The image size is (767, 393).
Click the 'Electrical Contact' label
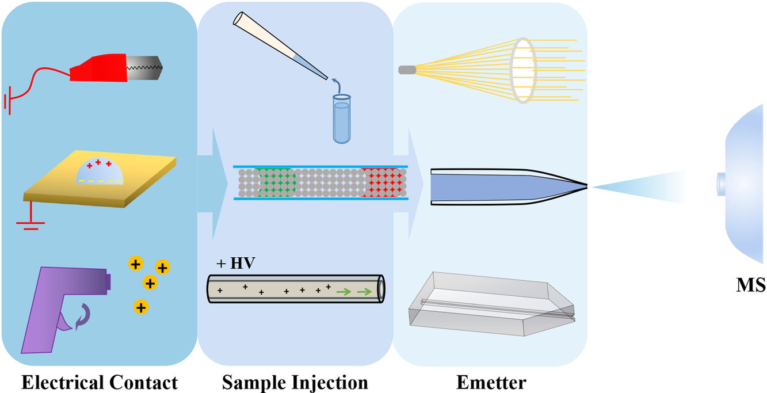(100, 382)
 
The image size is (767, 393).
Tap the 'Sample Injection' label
(295, 382)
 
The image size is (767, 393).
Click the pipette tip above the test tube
(326, 78)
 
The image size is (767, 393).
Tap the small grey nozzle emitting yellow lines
(407, 70)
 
